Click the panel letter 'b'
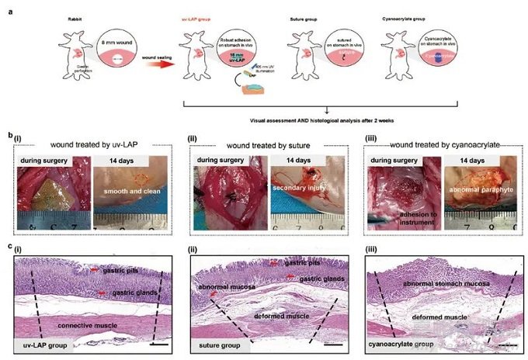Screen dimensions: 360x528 (x=9, y=137)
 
